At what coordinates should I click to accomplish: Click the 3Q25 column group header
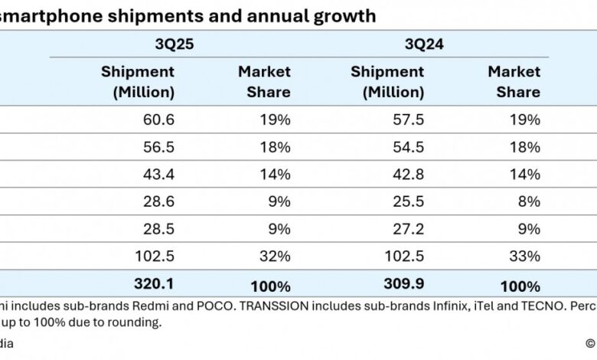175,44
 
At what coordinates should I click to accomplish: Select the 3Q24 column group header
425,44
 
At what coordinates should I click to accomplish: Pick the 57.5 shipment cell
408,119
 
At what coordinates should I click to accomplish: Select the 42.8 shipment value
408,175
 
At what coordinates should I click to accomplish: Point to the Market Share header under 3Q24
514,82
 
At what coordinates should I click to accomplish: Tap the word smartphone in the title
50,16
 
